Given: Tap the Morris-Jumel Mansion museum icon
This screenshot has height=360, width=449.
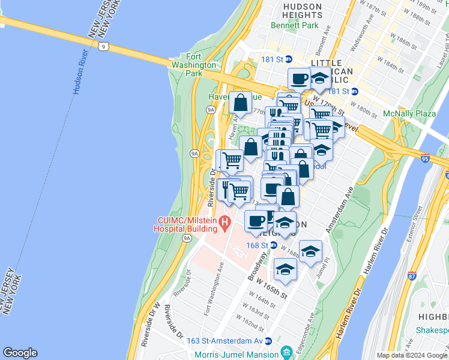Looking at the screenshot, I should pos(285,351).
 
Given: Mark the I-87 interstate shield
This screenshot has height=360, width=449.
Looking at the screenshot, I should pos(411,276).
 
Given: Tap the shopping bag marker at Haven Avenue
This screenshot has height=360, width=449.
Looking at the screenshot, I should pos(241,103).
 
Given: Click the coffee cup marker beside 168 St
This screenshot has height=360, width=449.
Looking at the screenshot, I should pos(256,221).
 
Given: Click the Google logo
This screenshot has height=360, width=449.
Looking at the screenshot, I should pos(20,353).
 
